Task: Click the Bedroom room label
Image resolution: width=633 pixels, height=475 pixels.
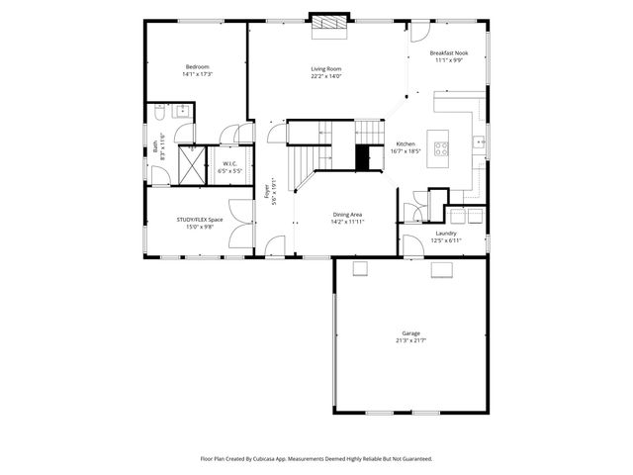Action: click(197, 66)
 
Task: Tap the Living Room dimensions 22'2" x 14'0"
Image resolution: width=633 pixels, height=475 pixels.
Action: click(325, 76)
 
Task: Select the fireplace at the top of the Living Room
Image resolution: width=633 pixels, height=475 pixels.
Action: click(328, 25)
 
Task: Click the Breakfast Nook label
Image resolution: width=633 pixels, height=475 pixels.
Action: click(448, 52)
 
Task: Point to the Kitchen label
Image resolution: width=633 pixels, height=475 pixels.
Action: click(407, 144)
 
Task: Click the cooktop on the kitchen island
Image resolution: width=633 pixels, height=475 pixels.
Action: click(441, 149)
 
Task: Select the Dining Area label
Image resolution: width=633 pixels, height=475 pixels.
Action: click(347, 215)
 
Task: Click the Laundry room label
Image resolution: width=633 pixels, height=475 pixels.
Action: click(447, 234)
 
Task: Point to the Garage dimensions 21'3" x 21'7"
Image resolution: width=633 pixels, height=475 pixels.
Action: click(410, 340)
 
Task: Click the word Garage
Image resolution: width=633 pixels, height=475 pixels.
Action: click(410, 332)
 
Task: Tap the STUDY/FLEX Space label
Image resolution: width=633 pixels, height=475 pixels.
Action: click(200, 220)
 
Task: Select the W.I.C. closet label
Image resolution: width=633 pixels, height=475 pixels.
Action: click(228, 164)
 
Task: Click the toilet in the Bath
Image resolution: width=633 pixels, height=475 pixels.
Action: click(158, 114)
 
